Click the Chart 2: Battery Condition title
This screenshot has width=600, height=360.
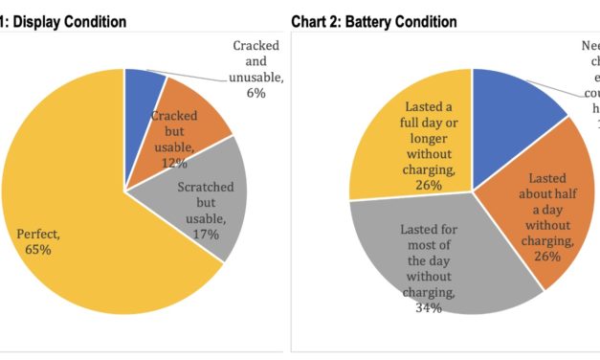click(373, 21)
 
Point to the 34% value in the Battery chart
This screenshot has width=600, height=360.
click(428, 307)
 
